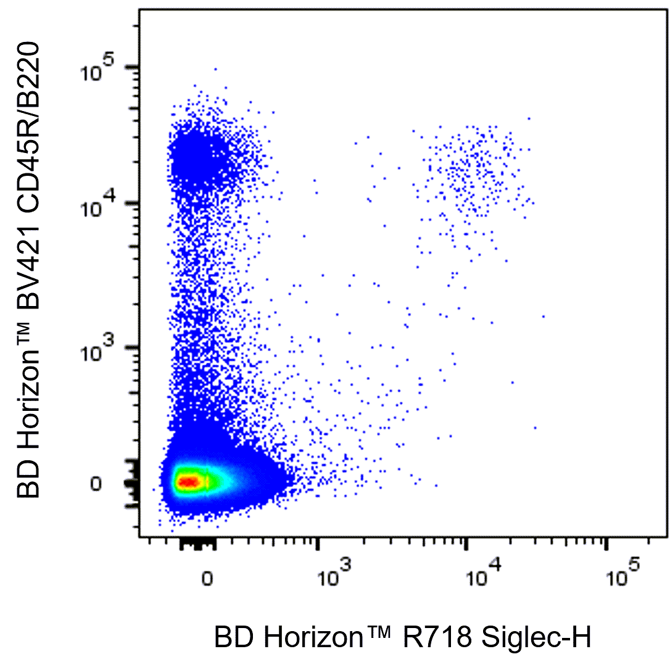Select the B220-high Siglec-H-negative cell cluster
(196, 158)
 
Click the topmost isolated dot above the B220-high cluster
(215, 69)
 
